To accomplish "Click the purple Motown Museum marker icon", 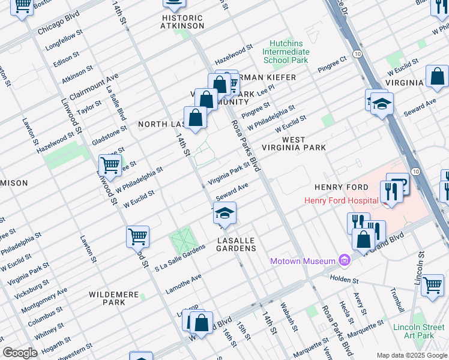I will pos(344,260).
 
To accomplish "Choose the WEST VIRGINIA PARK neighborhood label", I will pos(303,143).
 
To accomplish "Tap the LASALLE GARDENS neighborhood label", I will pos(237,244).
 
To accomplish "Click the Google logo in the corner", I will pos(20,353).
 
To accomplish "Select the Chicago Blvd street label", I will pos(58,23).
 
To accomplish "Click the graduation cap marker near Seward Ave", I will pos(224,214).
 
